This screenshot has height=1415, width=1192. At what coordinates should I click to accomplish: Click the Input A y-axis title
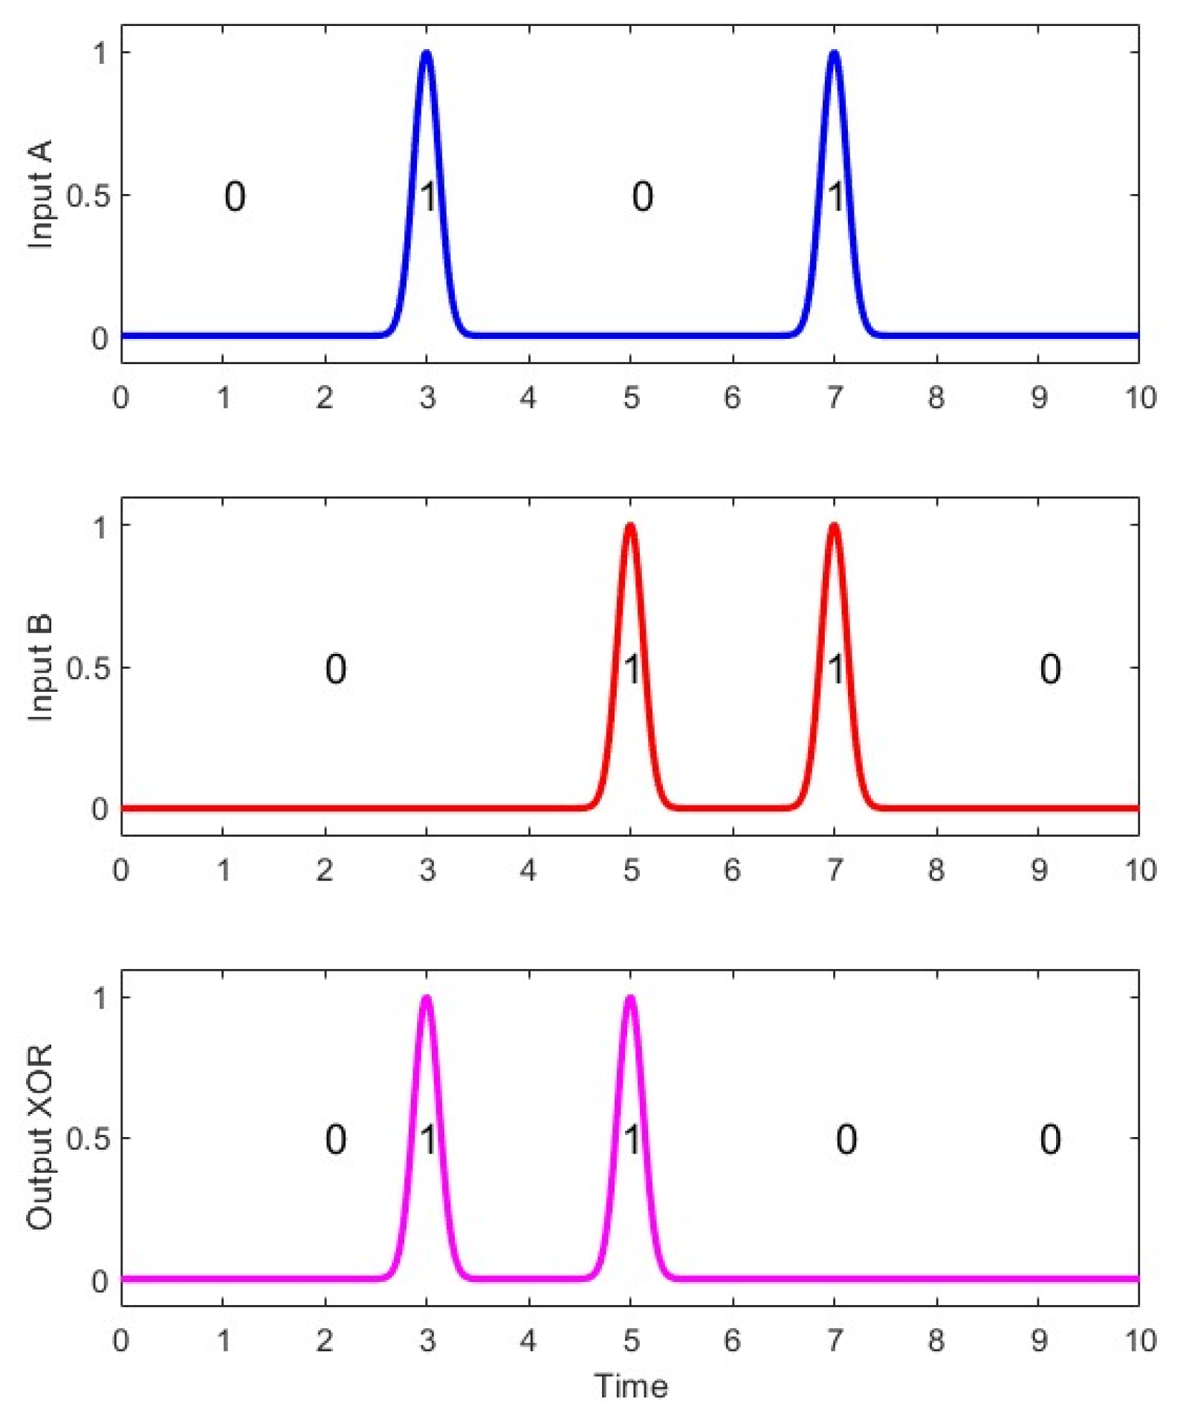[x=40, y=194]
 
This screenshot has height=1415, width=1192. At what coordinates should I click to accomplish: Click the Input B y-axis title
[x=40, y=667]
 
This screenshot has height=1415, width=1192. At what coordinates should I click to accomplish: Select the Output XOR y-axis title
[x=40, y=1137]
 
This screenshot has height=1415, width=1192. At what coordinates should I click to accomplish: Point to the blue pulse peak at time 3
[x=427, y=53]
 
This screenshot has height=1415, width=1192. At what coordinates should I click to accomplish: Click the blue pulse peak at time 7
[x=834, y=53]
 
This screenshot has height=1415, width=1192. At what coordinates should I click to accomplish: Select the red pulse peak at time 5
[x=630, y=525]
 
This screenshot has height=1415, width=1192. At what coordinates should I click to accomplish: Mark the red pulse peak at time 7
[x=834, y=525]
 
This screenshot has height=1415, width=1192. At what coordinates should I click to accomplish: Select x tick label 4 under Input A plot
[x=528, y=398]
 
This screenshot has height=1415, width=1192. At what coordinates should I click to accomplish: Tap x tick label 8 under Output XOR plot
[x=936, y=1341]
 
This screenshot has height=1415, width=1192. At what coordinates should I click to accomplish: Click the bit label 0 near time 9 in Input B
[x=1049, y=669]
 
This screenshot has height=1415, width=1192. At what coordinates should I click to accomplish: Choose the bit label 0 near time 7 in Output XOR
[x=846, y=1139]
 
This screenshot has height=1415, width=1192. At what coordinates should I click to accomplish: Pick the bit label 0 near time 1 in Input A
[x=235, y=197]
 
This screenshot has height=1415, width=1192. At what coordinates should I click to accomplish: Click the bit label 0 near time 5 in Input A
[x=642, y=197]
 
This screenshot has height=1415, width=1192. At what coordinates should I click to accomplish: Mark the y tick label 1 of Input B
[x=100, y=526]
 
